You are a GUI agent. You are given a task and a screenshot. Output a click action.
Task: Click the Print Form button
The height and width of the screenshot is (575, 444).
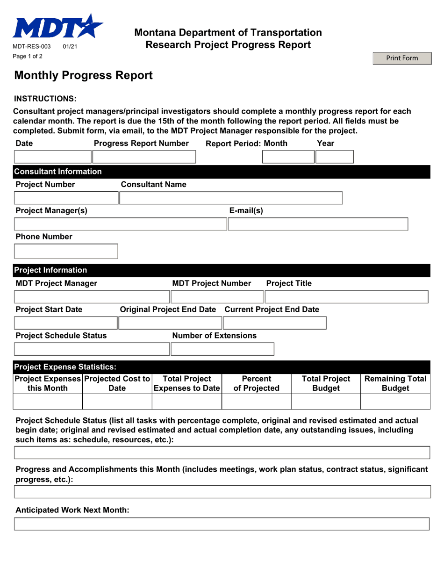(401, 58)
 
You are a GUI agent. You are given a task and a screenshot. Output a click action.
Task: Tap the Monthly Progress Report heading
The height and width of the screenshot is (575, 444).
(84, 75)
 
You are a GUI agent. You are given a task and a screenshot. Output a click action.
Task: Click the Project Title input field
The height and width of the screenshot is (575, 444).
(347, 296)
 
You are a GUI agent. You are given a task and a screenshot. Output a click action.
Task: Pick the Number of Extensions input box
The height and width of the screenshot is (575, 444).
(222, 349)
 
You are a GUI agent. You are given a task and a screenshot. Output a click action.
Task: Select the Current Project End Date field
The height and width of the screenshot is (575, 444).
(274, 323)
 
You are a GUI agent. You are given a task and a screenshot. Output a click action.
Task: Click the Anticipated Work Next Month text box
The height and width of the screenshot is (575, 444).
(222, 524)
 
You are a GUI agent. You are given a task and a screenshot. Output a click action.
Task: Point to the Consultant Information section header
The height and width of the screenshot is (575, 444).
(59, 172)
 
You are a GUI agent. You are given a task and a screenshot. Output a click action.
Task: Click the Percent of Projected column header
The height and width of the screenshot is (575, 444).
(257, 382)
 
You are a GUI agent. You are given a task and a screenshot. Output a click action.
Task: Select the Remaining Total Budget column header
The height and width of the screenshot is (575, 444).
(395, 382)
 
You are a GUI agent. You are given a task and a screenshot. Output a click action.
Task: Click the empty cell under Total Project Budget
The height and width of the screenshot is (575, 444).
(326, 402)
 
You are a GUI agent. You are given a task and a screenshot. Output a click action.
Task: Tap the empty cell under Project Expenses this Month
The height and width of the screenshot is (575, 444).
(49, 402)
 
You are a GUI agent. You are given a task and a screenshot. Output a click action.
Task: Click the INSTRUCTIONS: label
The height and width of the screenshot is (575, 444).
(45, 99)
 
